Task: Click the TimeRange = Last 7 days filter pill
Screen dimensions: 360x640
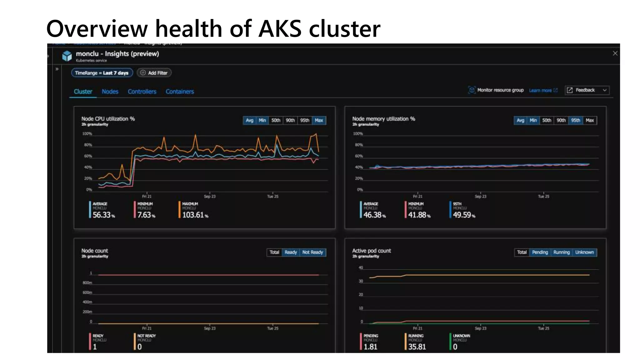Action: click(x=102, y=73)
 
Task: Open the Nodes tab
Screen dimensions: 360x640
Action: click(x=110, y=92)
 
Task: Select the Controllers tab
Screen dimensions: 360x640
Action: click(x=142, y=92)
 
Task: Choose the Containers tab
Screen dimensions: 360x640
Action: click(x=180, y=92)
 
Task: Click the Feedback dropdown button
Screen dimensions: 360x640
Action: click(x=587, y=90)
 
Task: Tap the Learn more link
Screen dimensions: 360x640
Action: click(x=540, y=90)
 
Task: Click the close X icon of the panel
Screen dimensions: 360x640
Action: click(x=615, y=53)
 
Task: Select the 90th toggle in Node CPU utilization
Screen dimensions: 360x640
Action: click(x=290, y=120)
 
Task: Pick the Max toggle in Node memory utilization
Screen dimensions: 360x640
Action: click(x=590, y=120)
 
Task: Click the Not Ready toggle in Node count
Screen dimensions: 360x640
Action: click(x=312, y=252)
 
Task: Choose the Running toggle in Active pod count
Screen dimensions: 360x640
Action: click(x=561, y=252)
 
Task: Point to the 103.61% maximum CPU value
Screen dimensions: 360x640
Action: click(x=193, y=215)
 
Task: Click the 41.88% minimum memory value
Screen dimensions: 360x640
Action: click(x=417, y=215)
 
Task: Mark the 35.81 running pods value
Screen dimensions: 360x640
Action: click(x=417, y=347)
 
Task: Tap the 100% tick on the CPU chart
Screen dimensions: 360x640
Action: click(x=87, y=134)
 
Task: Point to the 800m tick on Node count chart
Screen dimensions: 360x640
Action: click(x=87, y=283)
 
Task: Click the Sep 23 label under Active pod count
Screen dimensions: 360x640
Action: click(x=480, y=328)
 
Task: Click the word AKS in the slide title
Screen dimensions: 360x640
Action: click(x=280, y=29)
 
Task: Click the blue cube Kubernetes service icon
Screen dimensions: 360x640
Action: click(x=67, y=56)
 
